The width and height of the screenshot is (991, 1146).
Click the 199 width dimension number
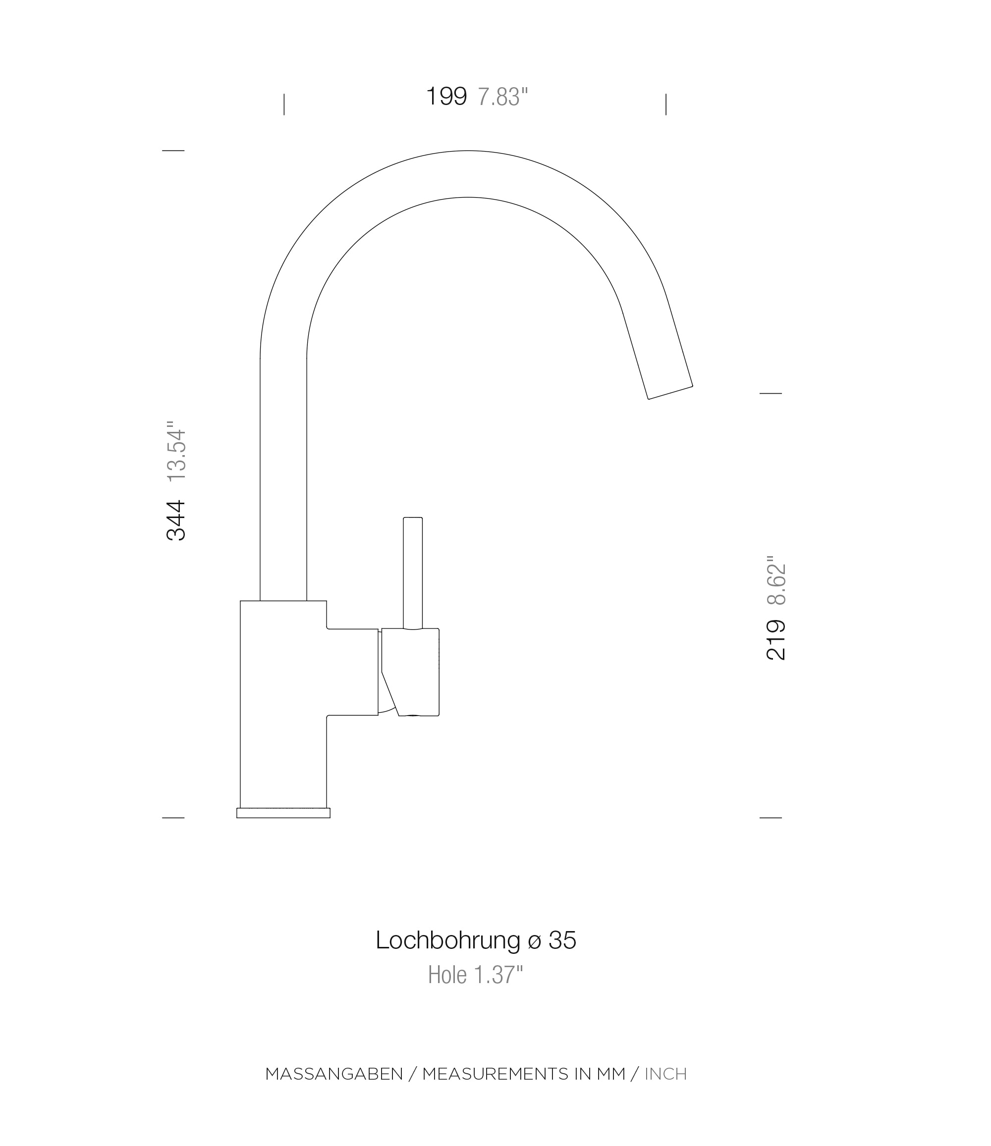[446, 96]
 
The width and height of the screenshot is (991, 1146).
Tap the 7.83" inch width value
[502, 97]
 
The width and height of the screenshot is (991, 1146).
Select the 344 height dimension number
[176, 520]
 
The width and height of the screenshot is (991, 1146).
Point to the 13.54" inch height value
[176, 451]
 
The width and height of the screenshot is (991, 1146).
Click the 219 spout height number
[776, 640]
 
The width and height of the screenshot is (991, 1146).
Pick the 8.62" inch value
[776, 580]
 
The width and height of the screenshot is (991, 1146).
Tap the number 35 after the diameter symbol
[562, 941]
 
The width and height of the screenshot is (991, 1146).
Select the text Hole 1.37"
[475, 975]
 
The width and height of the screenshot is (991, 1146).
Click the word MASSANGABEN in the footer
[334, 1074]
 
